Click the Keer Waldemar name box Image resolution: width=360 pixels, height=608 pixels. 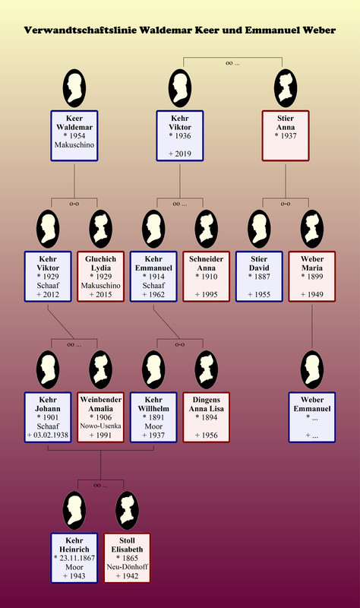point(74,136)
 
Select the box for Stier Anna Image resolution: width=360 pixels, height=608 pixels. point(286,136)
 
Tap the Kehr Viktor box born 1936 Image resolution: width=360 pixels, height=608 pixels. point(180,136)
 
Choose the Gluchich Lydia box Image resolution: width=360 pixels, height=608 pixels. point(100,277)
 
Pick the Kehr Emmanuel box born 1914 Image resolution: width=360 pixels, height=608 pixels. point(153,277)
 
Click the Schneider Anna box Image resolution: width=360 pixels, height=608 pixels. point(206,277)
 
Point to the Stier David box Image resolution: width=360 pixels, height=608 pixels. point(259,277)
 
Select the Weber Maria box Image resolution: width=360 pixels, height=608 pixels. point(312,277)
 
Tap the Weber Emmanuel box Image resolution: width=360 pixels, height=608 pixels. point(312,417)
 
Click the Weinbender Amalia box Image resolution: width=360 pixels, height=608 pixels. point(100,417)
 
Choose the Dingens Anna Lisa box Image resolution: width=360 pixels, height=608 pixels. point(206,417)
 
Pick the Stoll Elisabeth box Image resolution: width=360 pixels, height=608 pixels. point(127,558)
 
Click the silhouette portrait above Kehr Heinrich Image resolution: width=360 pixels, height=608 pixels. point(74,510)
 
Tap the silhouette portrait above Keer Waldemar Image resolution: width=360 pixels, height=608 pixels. point(74,88)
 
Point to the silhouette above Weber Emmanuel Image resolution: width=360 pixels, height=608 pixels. point(312,369)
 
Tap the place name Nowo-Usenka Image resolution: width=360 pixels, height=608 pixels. point(100,426)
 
